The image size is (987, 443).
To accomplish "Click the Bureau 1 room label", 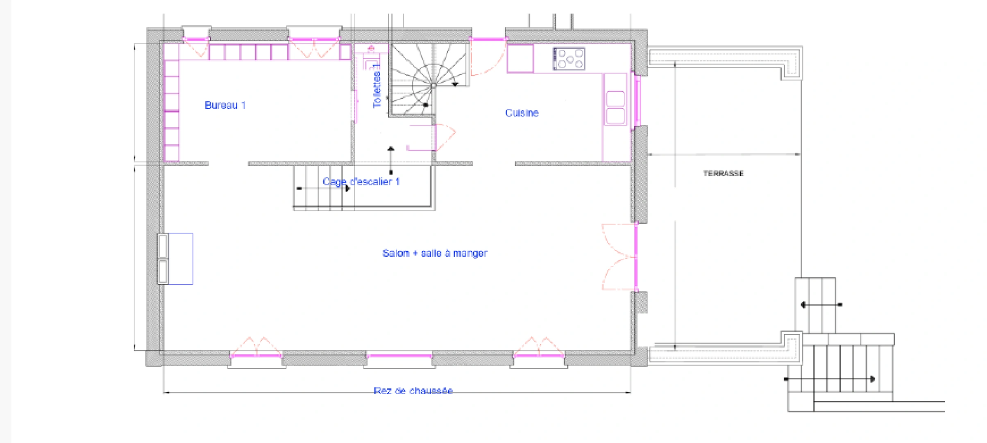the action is pos(225,105).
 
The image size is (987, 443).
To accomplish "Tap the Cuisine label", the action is pos(522,113).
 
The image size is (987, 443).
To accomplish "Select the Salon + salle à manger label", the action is pos(435,253).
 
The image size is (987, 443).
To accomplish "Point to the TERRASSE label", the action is pos(723,174).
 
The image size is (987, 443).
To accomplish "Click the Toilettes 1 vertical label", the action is pos(377,86).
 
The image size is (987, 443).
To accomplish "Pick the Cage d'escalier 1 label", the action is pos(361,182).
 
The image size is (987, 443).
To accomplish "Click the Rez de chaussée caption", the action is pos(413,391).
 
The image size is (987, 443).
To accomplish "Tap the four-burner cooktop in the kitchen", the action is pos(569,59).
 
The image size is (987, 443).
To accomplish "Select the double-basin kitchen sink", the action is pos(615,107).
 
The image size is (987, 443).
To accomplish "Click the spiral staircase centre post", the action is pos(433,86).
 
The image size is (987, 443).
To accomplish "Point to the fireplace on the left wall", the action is pos(175,259).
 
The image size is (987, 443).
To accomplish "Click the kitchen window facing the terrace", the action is pos(637,101).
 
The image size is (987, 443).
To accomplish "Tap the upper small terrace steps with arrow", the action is pos(815,305).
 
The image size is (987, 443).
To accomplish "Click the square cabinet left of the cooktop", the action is pos(520,59).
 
